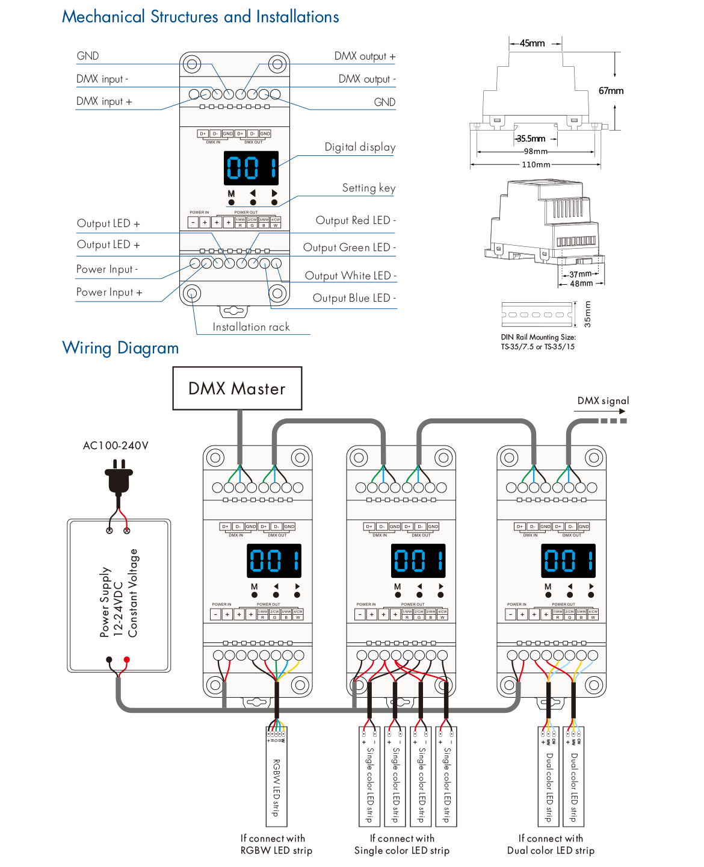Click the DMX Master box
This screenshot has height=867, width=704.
(237, 388)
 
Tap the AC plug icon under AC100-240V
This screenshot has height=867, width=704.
(119, 479)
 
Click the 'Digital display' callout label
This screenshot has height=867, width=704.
(360, 147)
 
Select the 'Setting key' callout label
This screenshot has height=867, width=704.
(368, 188)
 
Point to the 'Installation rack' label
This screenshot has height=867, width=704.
(251, 327)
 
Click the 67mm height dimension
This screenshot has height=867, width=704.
(611, 91)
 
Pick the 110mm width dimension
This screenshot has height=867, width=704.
(536, 164)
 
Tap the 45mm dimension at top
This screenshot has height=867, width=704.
(532, 43)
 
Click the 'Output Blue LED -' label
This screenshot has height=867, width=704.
(354, 298)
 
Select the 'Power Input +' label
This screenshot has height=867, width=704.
(109, 292)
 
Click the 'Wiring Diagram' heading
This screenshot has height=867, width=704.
(120, 348)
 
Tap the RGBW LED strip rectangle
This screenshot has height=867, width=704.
(276, 777)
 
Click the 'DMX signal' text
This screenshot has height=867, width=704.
(603, 401)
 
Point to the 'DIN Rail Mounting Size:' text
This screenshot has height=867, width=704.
(538, 337)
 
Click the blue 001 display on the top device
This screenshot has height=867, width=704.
(252, 168)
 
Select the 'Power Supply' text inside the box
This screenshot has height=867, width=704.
(105, 601)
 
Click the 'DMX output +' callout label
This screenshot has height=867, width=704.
(365, 56)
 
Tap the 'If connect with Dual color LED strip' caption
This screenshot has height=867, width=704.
(551, 844)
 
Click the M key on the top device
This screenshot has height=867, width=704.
(231, 194)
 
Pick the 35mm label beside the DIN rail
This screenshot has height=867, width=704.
(588, 314)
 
